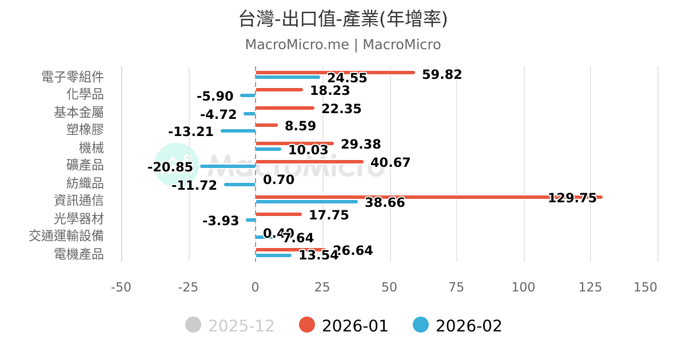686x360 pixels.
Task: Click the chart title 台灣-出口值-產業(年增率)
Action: [343, 19]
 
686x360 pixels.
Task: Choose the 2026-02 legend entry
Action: [458, 326]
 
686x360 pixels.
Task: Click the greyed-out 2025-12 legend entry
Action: [230, 326]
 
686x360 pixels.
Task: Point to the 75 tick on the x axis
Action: [456, 287]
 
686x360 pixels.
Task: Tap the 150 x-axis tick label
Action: [645, 287]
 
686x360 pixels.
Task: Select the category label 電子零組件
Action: [73, 77]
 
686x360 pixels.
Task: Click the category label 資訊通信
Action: [79, 201]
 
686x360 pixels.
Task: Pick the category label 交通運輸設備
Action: [66, 236]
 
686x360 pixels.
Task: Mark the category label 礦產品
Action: [85, 165]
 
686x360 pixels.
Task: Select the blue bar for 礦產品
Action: [228, 166]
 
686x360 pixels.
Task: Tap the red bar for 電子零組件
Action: [335, 73]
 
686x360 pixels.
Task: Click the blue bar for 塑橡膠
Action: [238, 131]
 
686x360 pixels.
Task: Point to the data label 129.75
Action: [572, 198]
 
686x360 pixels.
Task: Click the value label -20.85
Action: [170, 167]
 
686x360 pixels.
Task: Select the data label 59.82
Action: [441, 74]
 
